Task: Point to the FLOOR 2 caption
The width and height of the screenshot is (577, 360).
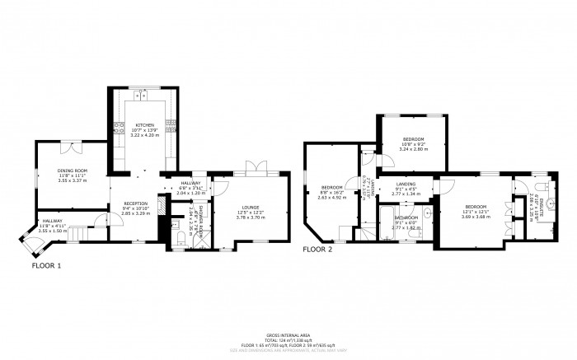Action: point(317,248)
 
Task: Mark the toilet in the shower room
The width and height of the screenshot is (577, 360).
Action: point(181,240)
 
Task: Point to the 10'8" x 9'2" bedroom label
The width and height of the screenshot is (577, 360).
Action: point(413,142)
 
